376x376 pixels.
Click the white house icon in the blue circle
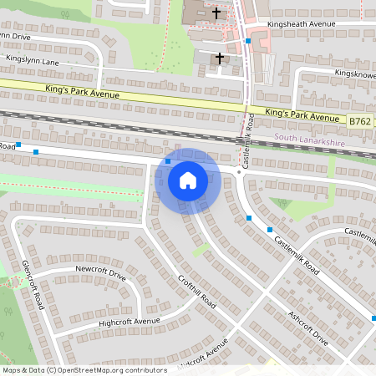(188, 180)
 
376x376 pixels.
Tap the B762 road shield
(360, 122)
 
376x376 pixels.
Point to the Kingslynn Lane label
(33, 62)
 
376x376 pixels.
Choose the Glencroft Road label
(33, 285)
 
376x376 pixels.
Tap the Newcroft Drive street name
(100, 274)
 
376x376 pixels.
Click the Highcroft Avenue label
(129, 322)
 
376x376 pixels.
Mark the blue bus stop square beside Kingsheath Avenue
(248, 40)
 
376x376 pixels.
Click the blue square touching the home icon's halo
(168, 161)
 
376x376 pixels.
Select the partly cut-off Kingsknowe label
(354, 74)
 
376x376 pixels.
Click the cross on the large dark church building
(216, 13)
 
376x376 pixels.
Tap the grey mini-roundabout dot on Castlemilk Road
(239, 172)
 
